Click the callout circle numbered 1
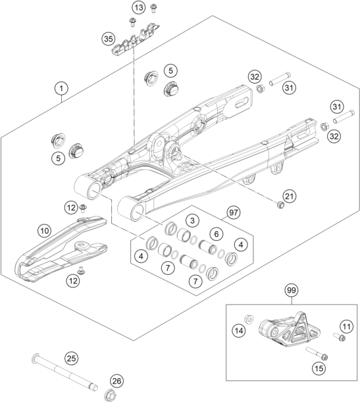point(61,88)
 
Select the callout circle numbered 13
point(137,8)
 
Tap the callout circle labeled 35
point(109,40)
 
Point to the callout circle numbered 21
point(290,196)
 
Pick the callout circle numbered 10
point(45,231)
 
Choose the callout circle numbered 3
point(192,220)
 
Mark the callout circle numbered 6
point(215,234)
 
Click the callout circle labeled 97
point(232,213)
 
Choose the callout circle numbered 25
point(71,358)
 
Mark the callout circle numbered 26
point(116,381)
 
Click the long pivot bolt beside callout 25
point(66,372)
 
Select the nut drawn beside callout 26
point(109,394)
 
